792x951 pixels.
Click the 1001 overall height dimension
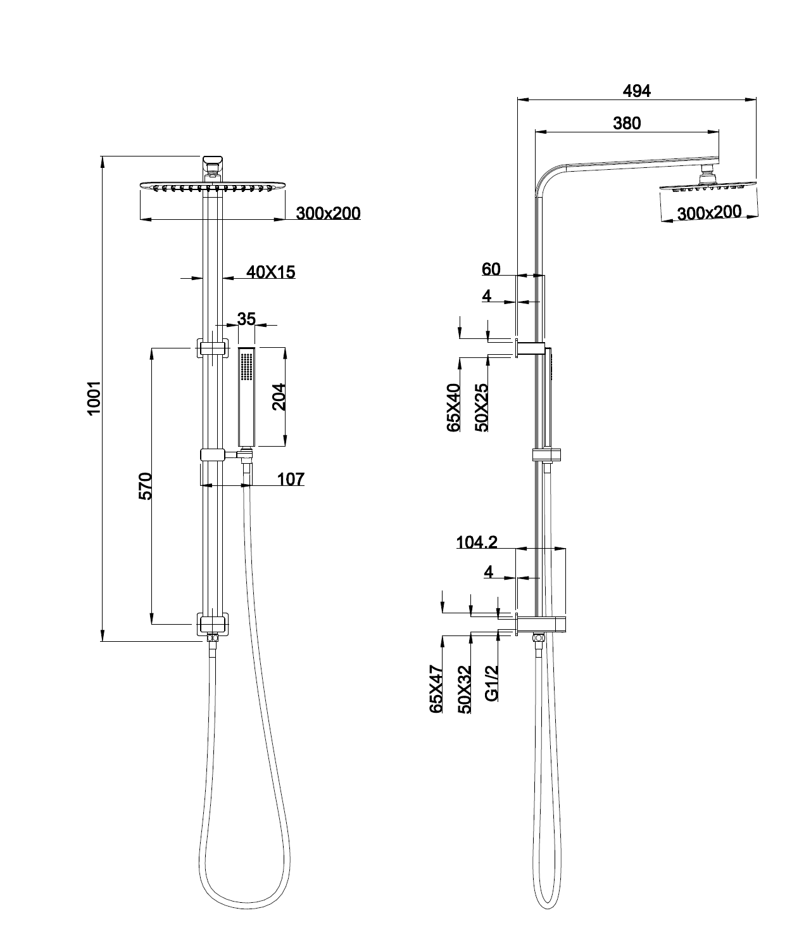coord(94,398)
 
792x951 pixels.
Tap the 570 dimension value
coord(145,486)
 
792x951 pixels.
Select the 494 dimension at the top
coord(636,91)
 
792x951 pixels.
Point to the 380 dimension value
coord(627,123)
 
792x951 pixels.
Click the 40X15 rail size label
coord(271,272)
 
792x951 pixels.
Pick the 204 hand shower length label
coord(279,397)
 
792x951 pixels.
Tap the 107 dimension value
coord(291,479)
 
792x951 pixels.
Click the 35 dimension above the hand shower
coord(246,318)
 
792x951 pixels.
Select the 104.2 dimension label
coord(477,542)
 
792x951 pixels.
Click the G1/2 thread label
coord(492,682)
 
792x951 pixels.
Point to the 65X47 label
coord(436,689)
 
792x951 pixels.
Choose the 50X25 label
coord(481,407)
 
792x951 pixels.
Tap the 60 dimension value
coord(491,269)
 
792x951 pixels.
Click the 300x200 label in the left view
coord(328,213)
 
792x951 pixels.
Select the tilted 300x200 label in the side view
coord(708,212)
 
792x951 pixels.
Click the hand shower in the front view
coord(246,397)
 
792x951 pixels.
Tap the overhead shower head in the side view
coord(708,186)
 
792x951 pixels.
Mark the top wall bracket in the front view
coord(212,348)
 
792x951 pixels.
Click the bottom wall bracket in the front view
coord(212,623)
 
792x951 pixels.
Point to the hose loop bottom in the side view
coord(546,905)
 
